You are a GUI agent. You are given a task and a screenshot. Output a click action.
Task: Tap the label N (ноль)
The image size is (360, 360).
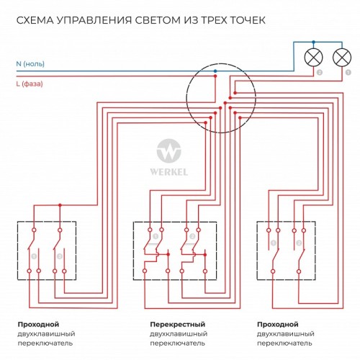30,63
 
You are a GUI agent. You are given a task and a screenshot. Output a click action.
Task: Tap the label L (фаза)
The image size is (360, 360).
29,84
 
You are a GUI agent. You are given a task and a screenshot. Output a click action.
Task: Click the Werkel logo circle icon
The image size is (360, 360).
169,153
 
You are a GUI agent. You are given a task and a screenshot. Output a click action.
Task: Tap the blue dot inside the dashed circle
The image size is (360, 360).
215,71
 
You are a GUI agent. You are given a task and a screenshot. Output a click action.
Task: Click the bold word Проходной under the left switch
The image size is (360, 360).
38,325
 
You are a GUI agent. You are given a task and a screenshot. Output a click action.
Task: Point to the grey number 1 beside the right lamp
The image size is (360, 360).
347,73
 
